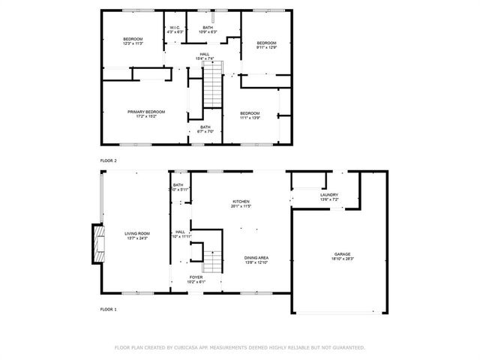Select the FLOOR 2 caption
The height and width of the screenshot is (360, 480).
pos(108,160)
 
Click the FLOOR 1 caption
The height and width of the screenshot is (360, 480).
pos(108,309)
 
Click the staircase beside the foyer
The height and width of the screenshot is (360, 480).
pos(214,262)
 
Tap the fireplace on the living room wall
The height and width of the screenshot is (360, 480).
pos(96,243)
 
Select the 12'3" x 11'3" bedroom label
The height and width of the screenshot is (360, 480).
pos(133,41)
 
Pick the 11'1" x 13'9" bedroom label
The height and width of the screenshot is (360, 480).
pos(249,115)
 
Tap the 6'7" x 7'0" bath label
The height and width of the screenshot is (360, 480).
pos(205,129)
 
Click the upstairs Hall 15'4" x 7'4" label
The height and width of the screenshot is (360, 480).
pos(205,56)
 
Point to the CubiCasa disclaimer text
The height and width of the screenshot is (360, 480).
pos(239,347)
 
